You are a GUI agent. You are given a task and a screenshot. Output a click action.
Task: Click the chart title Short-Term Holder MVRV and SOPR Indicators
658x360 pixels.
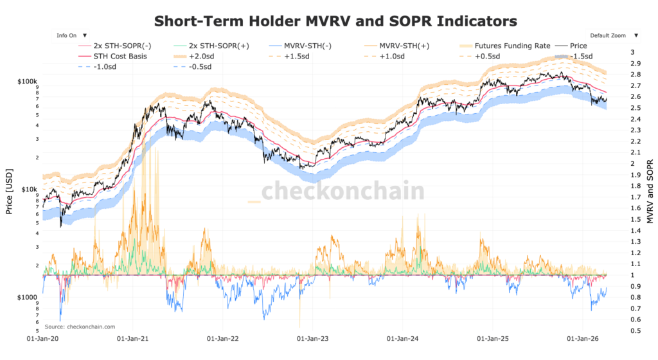335,21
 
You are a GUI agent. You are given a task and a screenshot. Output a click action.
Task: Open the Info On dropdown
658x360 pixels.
71,36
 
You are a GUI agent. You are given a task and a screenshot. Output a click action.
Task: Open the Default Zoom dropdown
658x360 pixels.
612,36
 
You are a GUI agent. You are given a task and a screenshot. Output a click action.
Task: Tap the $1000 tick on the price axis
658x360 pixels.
28,297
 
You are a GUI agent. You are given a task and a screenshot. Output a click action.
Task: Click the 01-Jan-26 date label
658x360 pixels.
582,337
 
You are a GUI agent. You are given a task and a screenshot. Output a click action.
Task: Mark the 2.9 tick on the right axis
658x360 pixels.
636,63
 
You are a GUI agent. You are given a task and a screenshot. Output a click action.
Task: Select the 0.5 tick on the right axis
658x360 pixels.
635,330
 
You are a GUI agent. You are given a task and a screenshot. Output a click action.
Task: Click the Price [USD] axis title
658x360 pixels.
10,190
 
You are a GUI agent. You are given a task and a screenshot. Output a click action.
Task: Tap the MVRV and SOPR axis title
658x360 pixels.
650,192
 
